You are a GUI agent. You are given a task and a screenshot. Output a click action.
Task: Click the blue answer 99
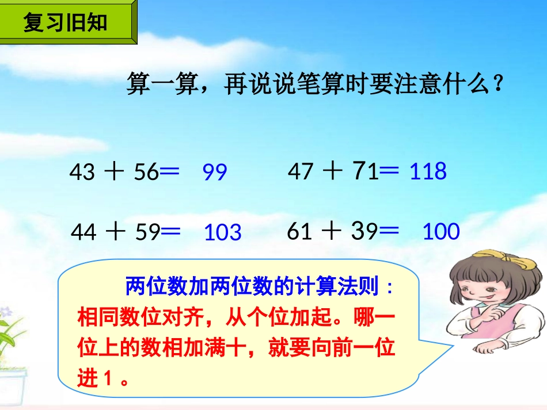pyautogui.click(x=215, y=172)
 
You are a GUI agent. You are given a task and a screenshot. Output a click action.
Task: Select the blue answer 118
pyautogui.click(x=428, y=171)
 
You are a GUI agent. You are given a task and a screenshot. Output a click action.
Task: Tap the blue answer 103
pyautogui.click(x=223, y=232)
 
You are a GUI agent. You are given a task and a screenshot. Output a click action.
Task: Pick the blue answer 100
pyautogui.click(x=441, y=232)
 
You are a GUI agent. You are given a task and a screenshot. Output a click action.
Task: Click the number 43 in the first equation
pyautogui.click(x=81, y=172)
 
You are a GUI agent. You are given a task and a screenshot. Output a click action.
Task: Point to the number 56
pyautogui.click(x=146, y=172)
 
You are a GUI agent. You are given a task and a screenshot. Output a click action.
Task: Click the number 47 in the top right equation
pyautogui.click(x=300, y=171)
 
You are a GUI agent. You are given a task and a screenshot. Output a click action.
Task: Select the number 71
pyautogui.click(x=365, y=171)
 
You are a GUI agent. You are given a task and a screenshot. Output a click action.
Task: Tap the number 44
pyautogui.click(x=83, y=232)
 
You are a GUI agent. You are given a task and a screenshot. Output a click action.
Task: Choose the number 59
pyautogui.click(x=147, y=232)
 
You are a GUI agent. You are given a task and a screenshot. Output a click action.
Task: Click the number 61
pyautogui.click(x=299, y=232)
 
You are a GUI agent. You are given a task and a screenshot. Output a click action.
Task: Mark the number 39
pyautogui.click(x=364, y=231)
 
